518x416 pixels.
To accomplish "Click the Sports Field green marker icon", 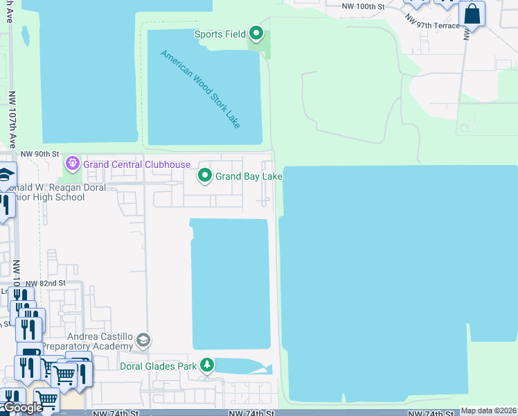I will coord(256,33).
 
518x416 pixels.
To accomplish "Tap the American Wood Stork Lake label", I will coord(200,89).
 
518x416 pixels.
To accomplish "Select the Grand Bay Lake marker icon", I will coord(205,176).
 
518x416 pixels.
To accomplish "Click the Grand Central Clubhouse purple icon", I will coord(72,164).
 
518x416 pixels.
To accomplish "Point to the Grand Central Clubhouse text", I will coord(136,164).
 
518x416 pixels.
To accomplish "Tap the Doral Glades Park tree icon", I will coord(206,365).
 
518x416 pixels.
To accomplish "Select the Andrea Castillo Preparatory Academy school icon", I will coord(143,340).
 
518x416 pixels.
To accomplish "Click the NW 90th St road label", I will coord(40,154).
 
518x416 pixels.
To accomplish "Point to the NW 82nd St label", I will coord(46,283).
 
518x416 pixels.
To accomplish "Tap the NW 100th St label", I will coord(363,6).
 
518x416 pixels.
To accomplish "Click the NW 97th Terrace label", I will coord(434,25).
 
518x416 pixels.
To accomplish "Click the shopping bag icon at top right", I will coord(472,14).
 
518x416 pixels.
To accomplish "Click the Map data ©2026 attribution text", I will coord(489,410).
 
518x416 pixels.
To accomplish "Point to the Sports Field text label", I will coord(220,33).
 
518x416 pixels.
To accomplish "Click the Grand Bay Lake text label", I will coord(249,177).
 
